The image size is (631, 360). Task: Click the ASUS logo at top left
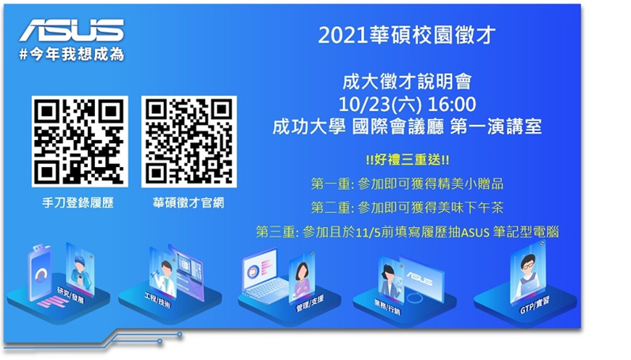coord(71,31)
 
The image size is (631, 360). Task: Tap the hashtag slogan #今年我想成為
coord(71,55)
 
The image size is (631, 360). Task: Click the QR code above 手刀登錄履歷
coord(80,142)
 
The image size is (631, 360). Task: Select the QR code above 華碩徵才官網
coord(188,142)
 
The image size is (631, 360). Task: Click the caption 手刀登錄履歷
coord(78,203)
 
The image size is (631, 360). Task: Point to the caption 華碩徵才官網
coord(188,203)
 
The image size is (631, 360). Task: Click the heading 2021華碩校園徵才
coord(406,36)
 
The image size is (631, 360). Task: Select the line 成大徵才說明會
coord(407,82)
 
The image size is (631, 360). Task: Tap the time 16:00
coord(451,104)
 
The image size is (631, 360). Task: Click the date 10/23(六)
coord(380,104)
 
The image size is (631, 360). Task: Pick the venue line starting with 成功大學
coord(407,127)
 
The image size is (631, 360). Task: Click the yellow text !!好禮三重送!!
coord(407,160)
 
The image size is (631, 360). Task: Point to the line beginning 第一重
coord(407,184)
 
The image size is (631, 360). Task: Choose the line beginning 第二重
coord(407,208)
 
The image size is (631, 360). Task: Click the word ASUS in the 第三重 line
coord(475,233)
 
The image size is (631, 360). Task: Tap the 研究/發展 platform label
coord(70,295)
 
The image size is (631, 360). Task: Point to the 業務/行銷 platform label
coord(386,306)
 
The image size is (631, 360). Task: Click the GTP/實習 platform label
coord(534,305)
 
